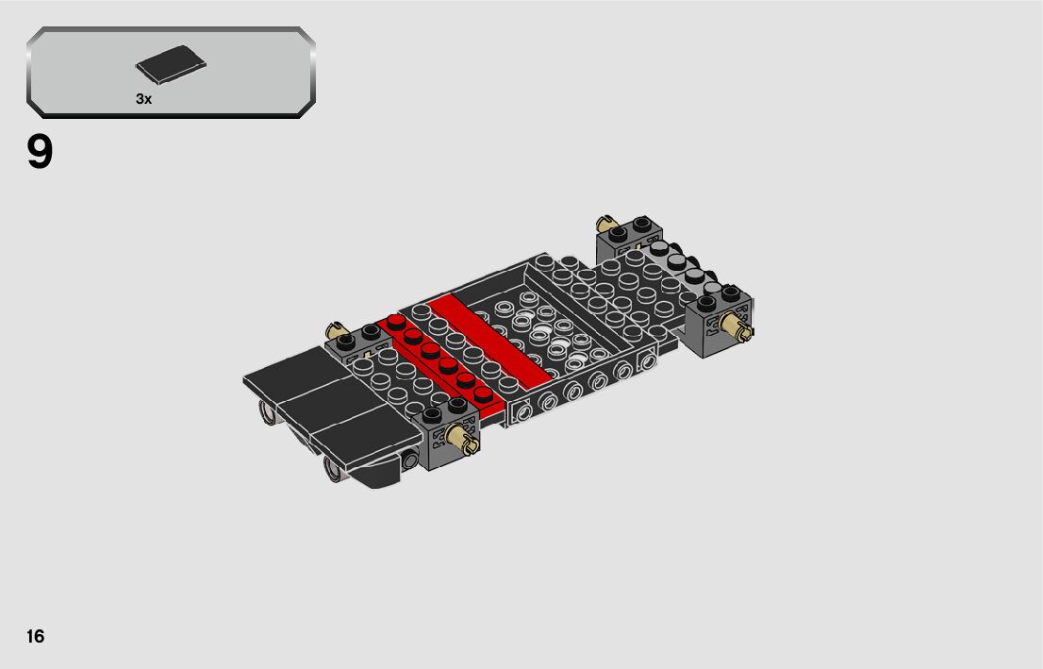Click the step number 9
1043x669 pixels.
(x=40, y=153)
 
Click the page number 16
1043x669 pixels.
(x=35, y=636)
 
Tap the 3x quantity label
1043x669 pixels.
(x=143, y=99)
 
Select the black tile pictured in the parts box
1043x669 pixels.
(x=171, y=64)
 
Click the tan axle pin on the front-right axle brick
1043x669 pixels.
(x=462, y=438)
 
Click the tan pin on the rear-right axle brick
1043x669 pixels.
(x=736, y=326)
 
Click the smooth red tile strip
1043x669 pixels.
(x=488, y=340)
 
